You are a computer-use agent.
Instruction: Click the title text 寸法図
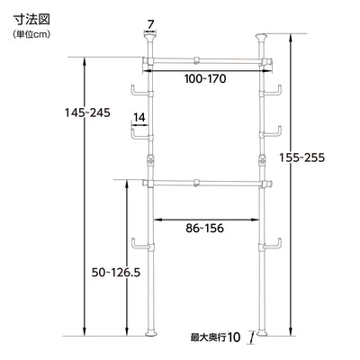tap(31, 17)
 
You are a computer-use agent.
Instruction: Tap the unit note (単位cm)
tap(32, 33)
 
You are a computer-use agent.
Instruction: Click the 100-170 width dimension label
tap(206, 79)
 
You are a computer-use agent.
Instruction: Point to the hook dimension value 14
tap(139, 117)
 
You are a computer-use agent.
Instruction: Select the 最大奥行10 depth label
tap(215, 338)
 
